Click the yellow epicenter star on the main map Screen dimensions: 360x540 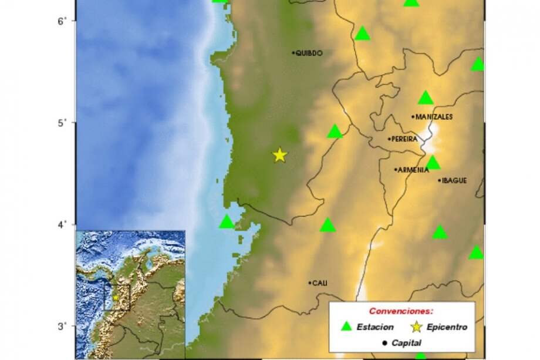click(x=279, y=155)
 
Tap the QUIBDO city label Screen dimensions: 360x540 click(x=309, y=53)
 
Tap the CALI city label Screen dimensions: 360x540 click(x=319, y=283)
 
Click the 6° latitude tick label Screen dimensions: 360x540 click(x=60, y=21)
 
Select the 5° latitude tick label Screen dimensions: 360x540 click(x=60, y=123)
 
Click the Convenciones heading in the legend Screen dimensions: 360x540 click(x=401, y=310)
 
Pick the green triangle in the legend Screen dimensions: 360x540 click(x=347, y=327)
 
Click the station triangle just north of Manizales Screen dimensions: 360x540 click(x=426, y=97)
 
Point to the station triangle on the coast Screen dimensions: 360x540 click(x=227, y=222)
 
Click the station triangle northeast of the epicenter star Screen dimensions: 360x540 click(x=335, y=132)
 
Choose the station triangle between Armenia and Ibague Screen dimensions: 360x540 click(x=433, y=163)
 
